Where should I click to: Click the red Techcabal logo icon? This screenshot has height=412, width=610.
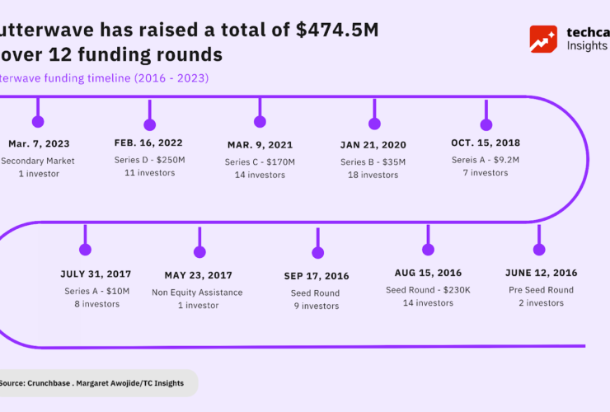(543, 39)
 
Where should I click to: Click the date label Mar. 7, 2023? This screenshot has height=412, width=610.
(39, 143)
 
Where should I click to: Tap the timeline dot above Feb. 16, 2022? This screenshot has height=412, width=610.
(149, 124)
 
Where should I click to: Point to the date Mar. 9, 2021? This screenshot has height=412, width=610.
(260, 144)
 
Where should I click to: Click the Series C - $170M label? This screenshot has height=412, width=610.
(260, 162)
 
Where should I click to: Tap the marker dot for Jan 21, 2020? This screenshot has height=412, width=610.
(374, 124)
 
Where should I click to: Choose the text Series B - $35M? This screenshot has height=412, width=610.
(373, 162)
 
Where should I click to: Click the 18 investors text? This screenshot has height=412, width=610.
(373, 175)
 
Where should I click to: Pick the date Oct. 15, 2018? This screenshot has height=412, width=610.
(486, 143)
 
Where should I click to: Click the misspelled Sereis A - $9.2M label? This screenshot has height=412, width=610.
(486, 160)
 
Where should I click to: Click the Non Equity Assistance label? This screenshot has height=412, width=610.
(197, 292)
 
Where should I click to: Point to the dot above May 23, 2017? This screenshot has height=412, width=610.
(199, 253)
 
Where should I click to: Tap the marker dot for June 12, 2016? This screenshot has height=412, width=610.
(539, 250)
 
